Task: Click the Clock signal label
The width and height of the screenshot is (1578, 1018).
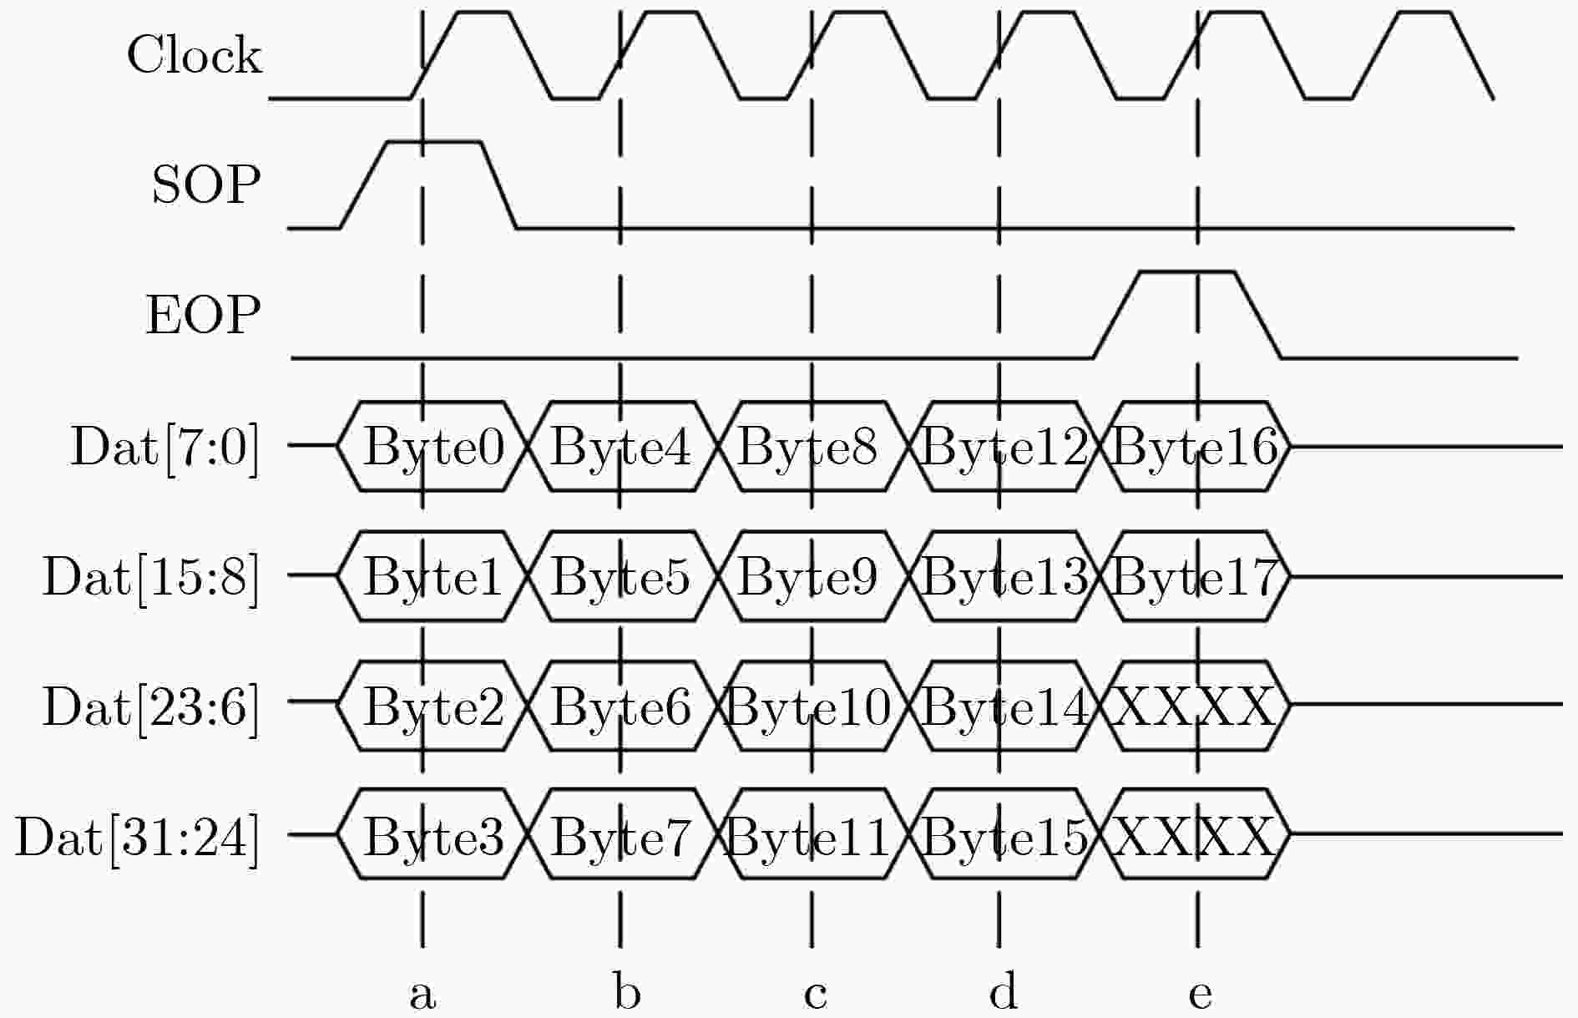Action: point(194,55)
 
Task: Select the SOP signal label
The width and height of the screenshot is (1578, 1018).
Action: point(206,184)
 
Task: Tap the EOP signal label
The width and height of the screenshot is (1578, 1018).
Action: point(204,315)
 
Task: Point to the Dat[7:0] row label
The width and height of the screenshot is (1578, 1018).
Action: point(165,447)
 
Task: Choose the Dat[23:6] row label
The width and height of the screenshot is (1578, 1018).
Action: point(151,707)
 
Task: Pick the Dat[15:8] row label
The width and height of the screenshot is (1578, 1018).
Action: point(151,576)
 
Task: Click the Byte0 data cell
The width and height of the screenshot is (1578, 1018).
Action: point(434,447)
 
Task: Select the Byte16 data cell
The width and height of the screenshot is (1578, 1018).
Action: point(1196,447)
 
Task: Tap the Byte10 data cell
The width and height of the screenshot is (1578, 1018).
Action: point(809,707)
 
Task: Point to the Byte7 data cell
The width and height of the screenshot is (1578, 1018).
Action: point(621,835)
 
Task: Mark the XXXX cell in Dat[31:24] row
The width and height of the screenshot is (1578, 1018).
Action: point(1196,835)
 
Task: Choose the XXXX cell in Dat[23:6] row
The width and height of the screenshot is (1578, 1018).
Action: point(1196,707)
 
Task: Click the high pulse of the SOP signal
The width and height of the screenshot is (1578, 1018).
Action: point(434,142)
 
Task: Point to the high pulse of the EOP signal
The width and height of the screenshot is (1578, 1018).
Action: point(1187,271)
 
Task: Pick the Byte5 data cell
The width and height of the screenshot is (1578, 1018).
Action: point(621,576)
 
